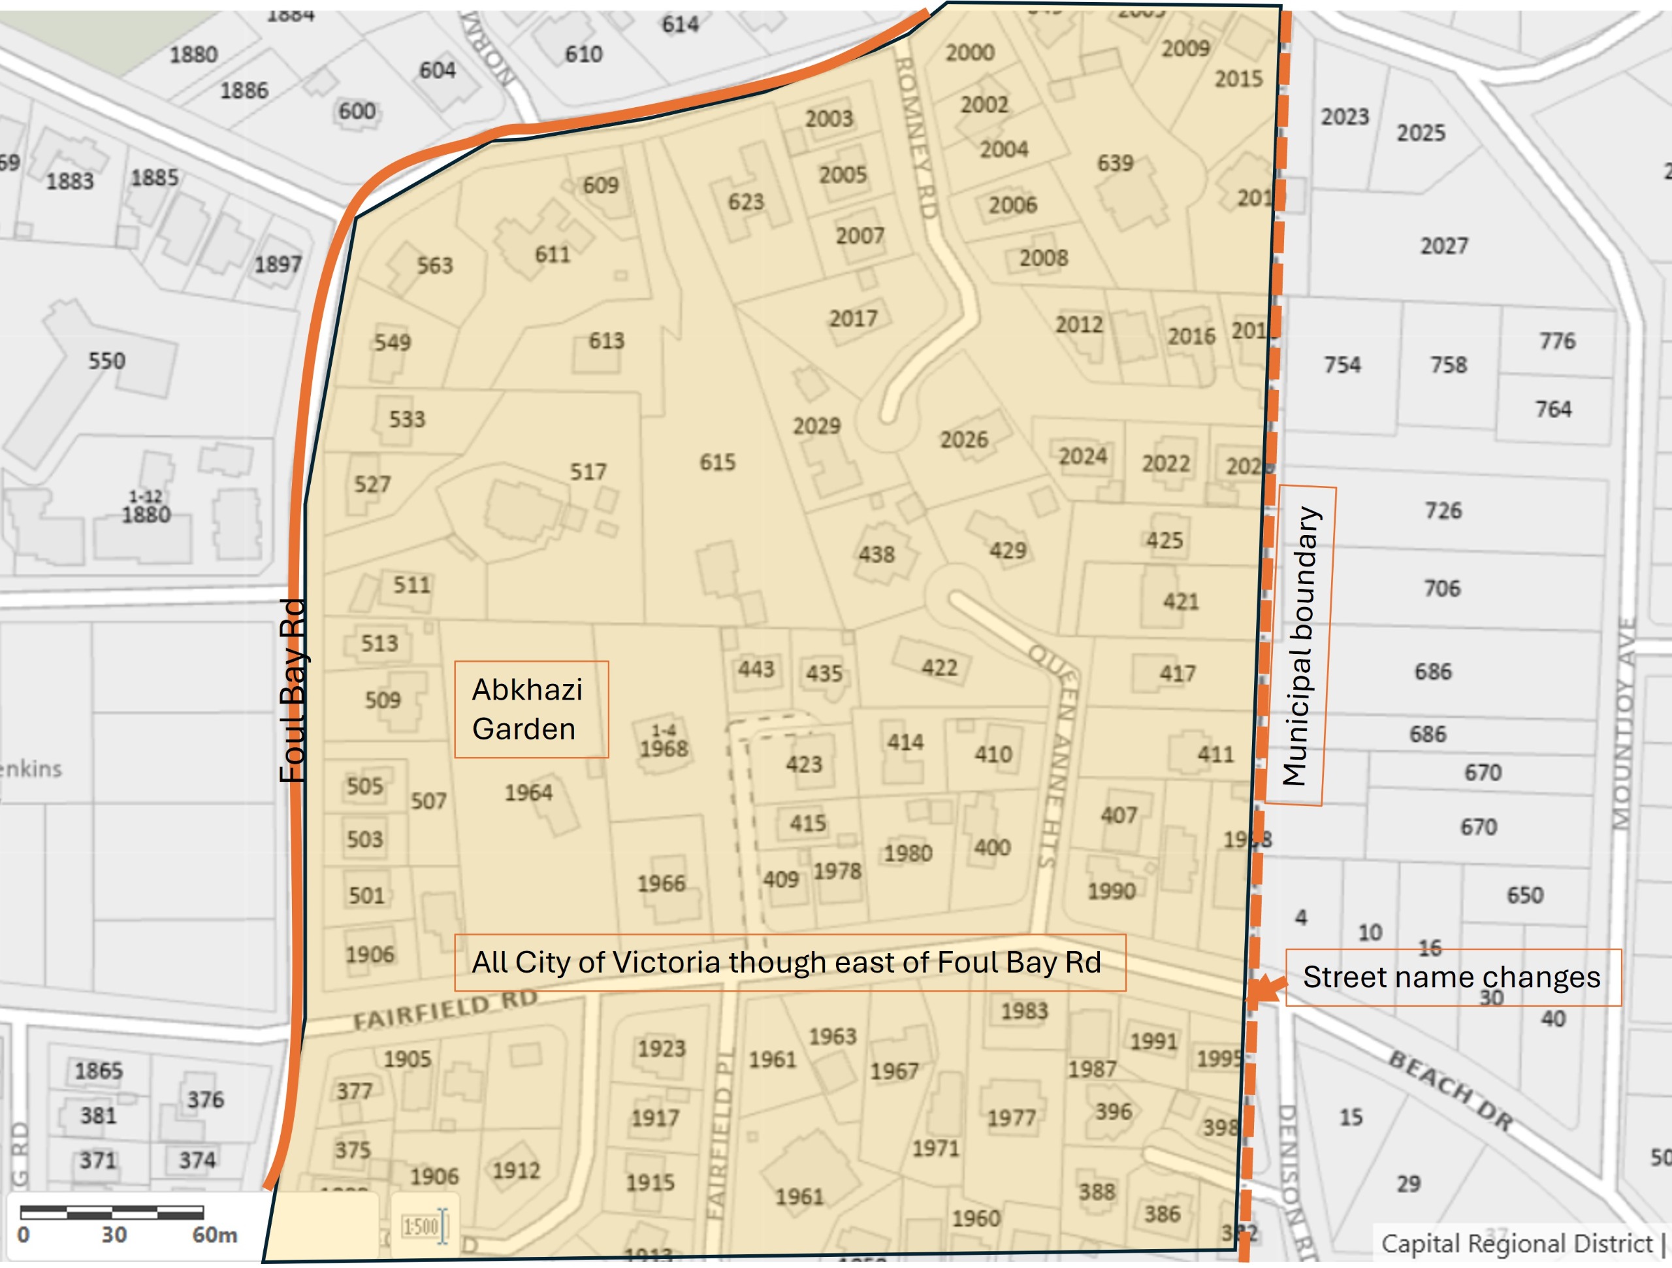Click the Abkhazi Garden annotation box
pos(530,709)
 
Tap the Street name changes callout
pos(1452,977)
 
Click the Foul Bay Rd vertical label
pos(293,691)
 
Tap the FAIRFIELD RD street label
pos(445,1009)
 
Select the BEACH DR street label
pos(1451,1090)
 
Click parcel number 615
pos(716,462)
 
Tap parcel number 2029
pos(816,426)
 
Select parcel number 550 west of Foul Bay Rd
pos(106,361)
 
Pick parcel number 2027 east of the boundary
pos(1443,246)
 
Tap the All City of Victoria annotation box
pos(789,962)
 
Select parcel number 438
pos(876,554)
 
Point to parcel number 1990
pos(1111,890)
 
